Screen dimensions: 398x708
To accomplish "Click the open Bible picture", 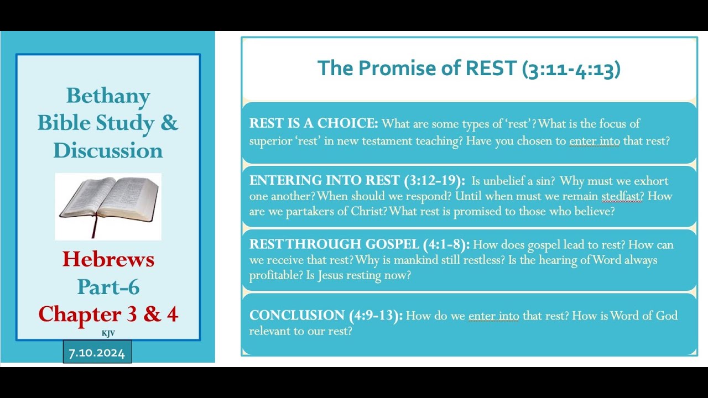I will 108,206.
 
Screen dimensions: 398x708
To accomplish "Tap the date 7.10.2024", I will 97,353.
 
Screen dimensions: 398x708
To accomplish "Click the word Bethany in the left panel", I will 108,96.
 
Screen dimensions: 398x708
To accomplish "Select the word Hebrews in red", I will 108,259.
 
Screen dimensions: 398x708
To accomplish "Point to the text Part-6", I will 108,286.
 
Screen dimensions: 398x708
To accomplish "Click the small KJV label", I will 108,333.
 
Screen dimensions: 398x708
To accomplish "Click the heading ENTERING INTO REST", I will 324,181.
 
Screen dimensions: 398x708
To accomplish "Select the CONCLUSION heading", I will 297,316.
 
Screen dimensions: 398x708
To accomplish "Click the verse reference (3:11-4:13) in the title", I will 571,69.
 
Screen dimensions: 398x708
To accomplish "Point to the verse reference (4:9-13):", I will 376,316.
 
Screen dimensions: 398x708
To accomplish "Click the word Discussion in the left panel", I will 108,150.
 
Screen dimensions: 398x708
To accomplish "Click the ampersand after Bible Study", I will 169,123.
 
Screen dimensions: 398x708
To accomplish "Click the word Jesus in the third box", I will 331,275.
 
